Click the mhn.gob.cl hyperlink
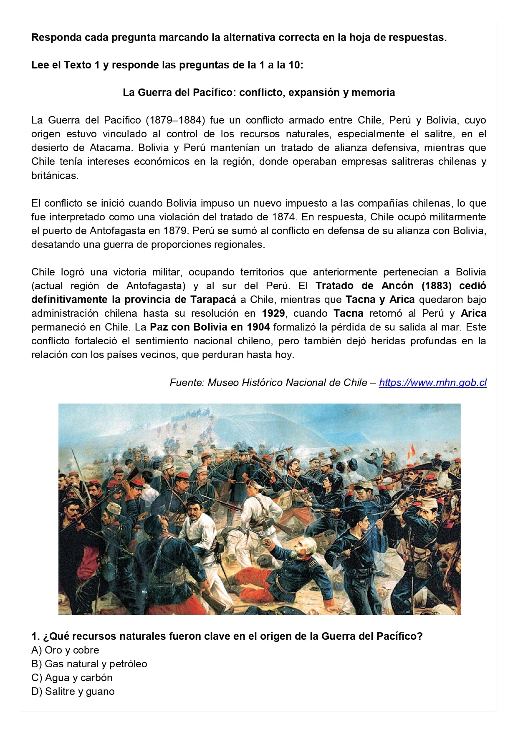pyautogui.click(x=432, y=383)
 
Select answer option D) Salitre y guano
pyautogui.click(x=73, y=692)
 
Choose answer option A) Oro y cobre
pyautogui.click(x=65, y=650)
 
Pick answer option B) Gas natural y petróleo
pyautogui.click(x=89, y=664)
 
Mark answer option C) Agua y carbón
pyautogui.click(x=72, y=678)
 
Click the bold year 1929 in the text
pyautogui.click(x=273, y=313)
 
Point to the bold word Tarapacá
pyautogui.click(x=213, y=300)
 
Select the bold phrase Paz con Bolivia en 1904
pyautogui.click(x=210, y=327)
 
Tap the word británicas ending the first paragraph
pyautogui.click(x=54, y=176)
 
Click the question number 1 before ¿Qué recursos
pyautogui.click(x=35, y=636)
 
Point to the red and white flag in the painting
pyautogui.click(x=412, y=451)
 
